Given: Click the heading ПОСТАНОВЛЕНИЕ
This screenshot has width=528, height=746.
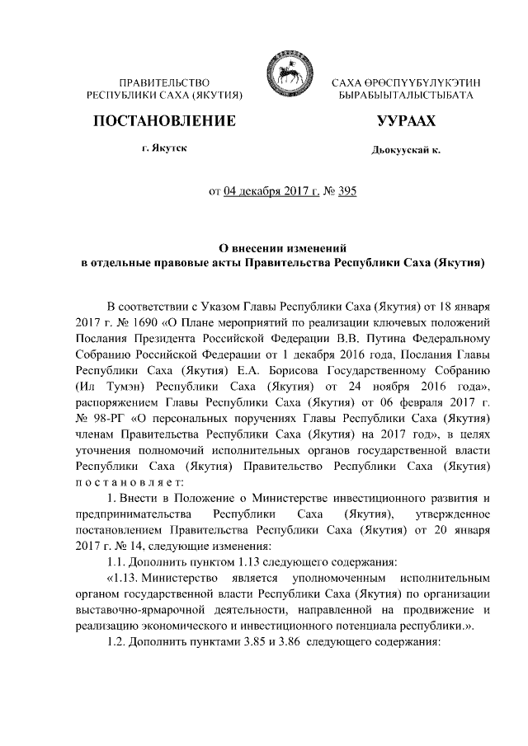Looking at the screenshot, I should [165, 121].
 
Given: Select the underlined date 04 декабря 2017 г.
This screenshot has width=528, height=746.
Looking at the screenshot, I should [270, 193].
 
